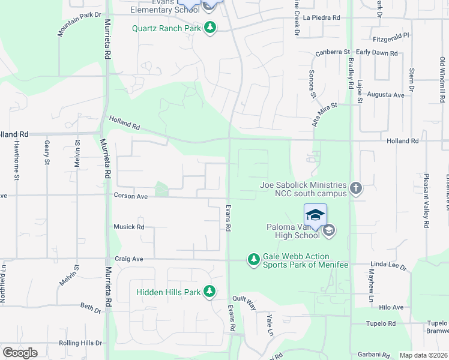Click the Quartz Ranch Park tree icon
pos(209,28)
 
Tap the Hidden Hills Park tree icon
pos(209,292)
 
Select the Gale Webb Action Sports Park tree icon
pos(253,259)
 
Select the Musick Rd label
pos(129,227)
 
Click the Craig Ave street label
pos(128,259)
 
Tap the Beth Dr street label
pos(91,307)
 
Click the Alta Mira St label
pos(325,113)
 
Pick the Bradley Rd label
pos(350,70)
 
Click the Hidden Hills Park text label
pos(167,292)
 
